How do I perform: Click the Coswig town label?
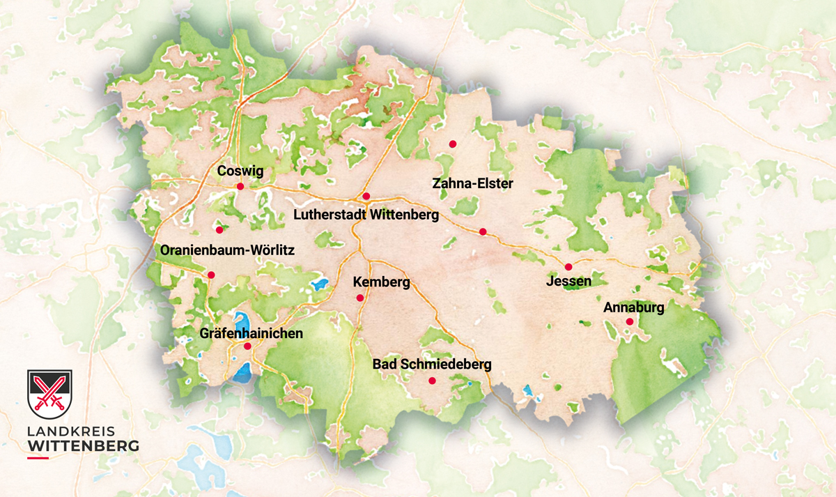point(240,171)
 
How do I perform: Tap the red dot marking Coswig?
point(240,186)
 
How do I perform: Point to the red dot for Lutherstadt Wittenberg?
point(366,196)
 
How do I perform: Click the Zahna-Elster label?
point(472,184)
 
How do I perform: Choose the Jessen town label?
point(569,282)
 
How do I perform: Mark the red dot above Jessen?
point(568,266)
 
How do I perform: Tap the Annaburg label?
point(634,307)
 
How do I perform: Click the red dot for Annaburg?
point(629,321)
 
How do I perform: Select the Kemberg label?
point(382,282)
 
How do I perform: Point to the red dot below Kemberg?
point(360,298)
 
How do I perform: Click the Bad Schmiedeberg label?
point(432,364)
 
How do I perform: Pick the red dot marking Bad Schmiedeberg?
point(432,381)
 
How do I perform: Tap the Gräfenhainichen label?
point(251,333)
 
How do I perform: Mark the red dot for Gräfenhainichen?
point(247,346)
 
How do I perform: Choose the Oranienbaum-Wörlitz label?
point(228,250)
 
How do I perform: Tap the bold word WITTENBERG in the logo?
point(82,445)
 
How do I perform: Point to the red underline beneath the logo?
point(38,458)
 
